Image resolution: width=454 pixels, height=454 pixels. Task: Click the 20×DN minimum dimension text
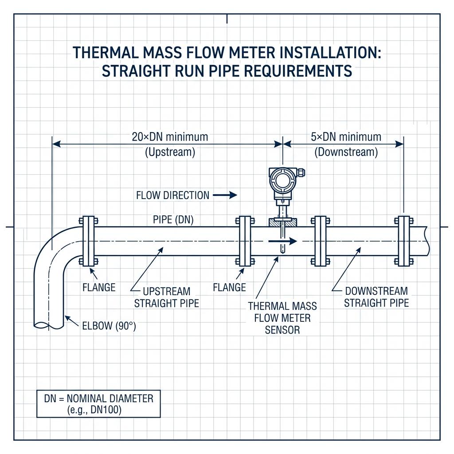[x=170, y=137]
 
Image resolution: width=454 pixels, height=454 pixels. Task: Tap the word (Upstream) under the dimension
[x=170, y=152]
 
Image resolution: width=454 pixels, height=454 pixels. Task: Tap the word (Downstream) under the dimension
[x=346, y=153]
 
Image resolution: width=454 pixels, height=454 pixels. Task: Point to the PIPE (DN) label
[x=173, y=219]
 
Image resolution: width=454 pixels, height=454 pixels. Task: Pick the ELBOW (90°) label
[x=109, y=326]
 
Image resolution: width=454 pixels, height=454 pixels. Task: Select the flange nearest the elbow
[x=89, y=241]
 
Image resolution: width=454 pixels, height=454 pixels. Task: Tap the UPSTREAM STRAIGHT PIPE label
[x=166, y=297]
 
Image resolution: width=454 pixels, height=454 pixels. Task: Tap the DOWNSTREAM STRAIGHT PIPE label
[x=376, y=297]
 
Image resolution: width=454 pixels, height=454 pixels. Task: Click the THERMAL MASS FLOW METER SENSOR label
[x=282, y=317]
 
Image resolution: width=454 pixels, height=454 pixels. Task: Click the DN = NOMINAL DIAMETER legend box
[x=98, y=403]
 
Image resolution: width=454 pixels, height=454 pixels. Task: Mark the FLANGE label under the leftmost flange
[x=99, y=287]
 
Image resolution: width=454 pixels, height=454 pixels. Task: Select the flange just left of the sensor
[x=245, y=241]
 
